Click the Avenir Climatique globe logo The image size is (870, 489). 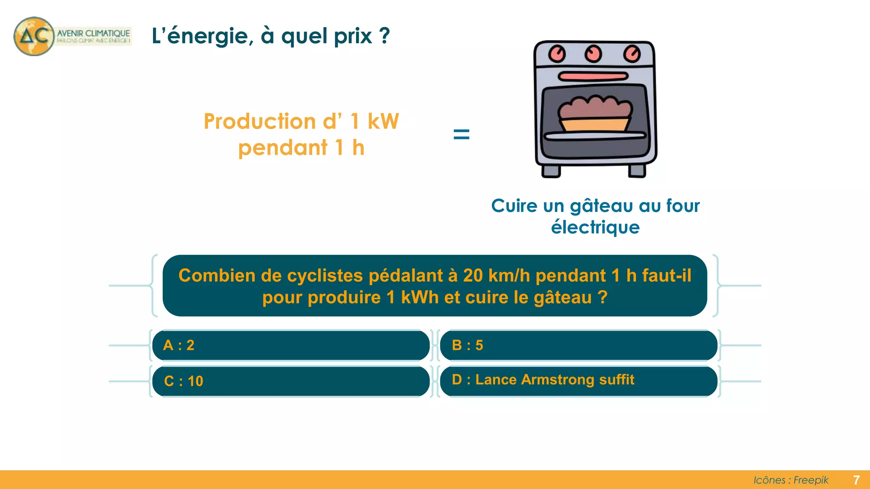34,36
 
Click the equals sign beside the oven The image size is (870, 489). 461,135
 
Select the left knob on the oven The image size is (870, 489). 556,53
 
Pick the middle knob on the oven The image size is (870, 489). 593,53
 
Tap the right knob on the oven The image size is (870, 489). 632,54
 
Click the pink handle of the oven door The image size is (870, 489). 593,76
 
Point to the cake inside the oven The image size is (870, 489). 595,112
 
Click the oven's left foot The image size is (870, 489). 551,171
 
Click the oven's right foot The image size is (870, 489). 637,171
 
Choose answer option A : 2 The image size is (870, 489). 291,345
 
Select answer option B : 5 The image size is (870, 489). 579,345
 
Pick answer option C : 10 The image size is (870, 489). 291,381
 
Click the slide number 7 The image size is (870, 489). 856,480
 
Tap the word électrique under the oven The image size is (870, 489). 595,228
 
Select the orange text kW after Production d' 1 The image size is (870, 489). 383,121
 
